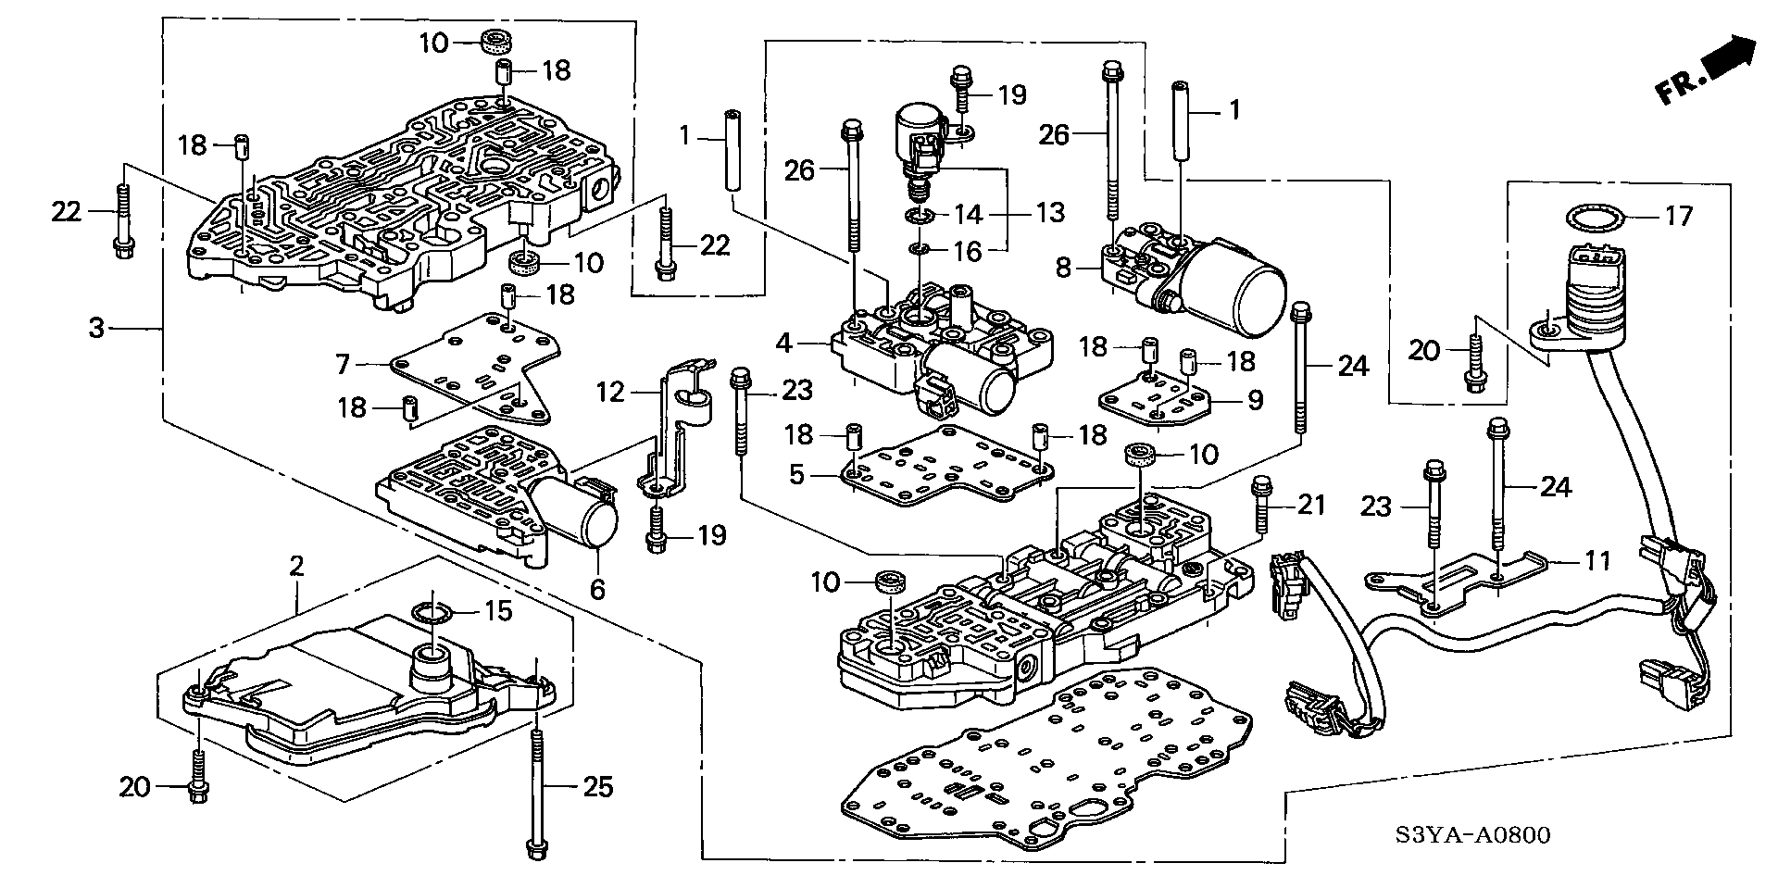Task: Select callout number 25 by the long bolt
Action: (x=598, y=787)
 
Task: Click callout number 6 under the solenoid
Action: (x=598, y=588)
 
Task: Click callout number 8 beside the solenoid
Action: (x=1063, y=269)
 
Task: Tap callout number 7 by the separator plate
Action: (x=344, y=365)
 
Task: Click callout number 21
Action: (x=1311, y=505)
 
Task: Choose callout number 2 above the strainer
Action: (x=295, y=566)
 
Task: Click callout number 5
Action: (x=797, y=476)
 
